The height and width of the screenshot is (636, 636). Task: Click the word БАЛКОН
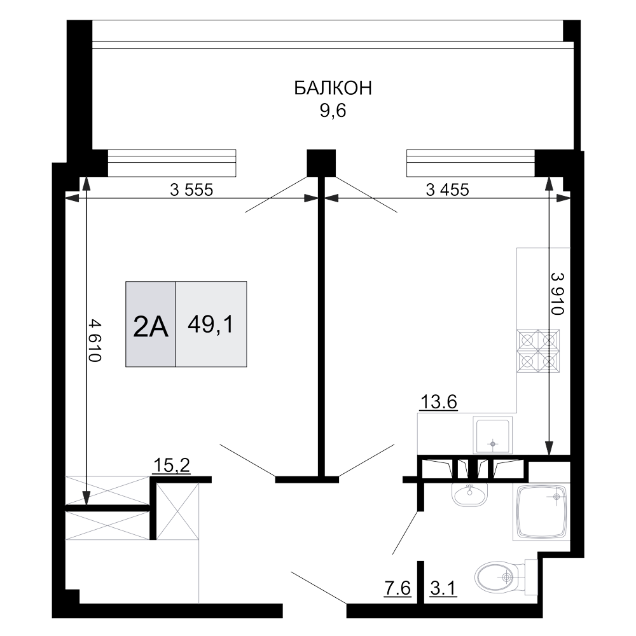(x=333, y=88)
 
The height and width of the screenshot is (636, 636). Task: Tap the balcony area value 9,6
(x=333, y=112)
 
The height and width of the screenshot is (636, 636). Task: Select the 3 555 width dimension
(x=191, y=189)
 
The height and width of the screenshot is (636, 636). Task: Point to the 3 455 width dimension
(x=447, y=189)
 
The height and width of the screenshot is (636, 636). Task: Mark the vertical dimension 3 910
(x=558, y=294)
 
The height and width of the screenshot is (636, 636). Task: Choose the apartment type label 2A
(x=151, y=327)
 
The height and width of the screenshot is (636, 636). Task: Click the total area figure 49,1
(x=211, y=325)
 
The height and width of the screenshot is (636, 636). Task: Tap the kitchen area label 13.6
(x=439, y=403)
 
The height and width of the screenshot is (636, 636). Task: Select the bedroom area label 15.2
(x=172, y=466)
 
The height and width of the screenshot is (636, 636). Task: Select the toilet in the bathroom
(x=502, y=577)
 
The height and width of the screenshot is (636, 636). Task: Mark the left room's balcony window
(x=172, y=162)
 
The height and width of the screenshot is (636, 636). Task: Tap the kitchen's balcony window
(x=470, y=162)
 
